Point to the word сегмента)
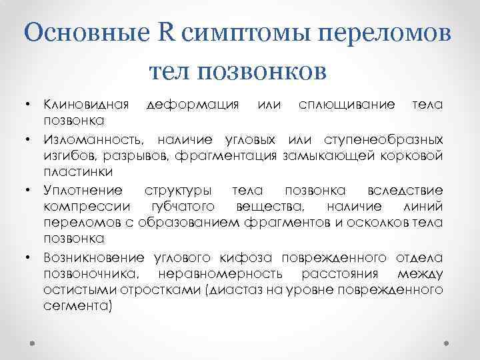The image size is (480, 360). point(78,307)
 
